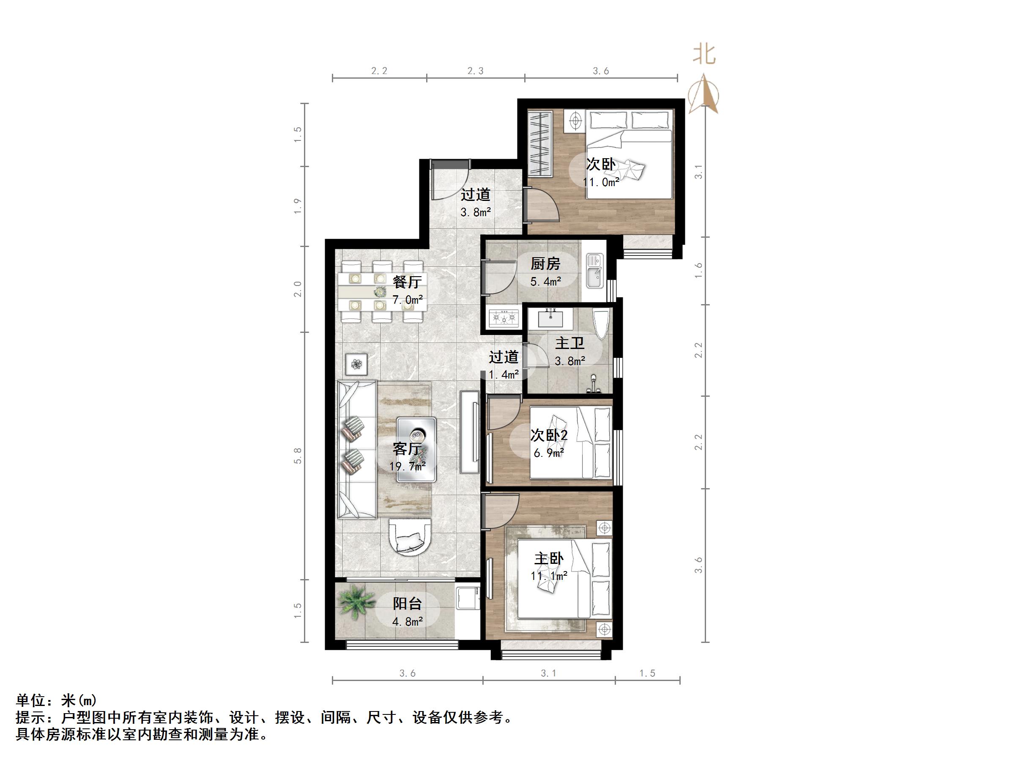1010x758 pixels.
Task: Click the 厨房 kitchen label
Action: pyautogui.click(x=545, y=264)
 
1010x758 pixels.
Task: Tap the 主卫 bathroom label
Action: pyautogui.click(x=569, y=343)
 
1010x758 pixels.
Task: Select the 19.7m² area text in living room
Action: pyautogui.click(x=407, y=466)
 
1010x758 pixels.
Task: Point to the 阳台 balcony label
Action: pyautogui.click(x=407, y=604)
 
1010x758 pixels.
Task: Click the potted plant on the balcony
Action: pyautogui.click(x=356, y=603)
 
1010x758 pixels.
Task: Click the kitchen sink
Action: pyautogui.click(x=594, y=272)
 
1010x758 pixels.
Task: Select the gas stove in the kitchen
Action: pyautogui.click(x=504, y=317)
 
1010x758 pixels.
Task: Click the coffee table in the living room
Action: pyautogui.click(x=416, y=450)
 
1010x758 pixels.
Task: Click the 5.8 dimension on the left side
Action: pyautogui.click(x=298, y=456)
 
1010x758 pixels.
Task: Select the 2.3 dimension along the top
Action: pyautogui.click(x=475, y=71)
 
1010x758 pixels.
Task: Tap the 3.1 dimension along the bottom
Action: pyautogui.click(x=548, y=673)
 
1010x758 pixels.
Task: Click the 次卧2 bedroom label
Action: pyautogui.click(x=549, y=435)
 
